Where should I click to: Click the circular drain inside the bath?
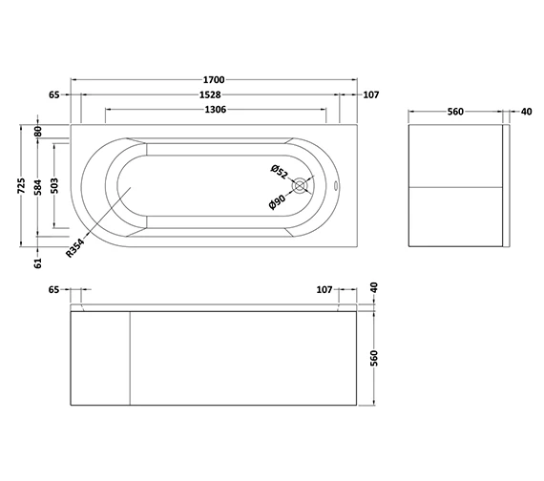[303, 187]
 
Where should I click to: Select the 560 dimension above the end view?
[455, 112]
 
